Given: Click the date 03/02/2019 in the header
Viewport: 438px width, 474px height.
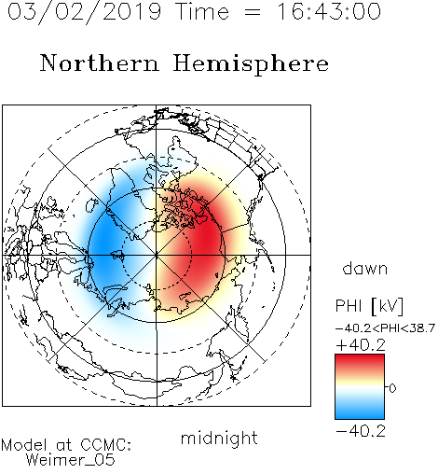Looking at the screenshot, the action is (84, 12).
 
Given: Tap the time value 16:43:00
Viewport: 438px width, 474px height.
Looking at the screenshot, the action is (329, 12).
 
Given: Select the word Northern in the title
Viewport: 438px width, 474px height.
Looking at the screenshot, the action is (100, 63).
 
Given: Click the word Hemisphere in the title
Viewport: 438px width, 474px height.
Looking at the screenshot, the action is (251, 64).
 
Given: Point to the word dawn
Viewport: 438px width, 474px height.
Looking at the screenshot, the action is (365, 268).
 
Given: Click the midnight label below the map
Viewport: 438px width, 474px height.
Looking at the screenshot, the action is (219, 439).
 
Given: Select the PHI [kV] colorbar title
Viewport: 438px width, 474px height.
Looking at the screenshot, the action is (369, 306).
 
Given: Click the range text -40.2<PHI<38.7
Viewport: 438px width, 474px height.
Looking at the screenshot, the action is (385, 328).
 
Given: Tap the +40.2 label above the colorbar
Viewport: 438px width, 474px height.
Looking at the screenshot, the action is (361, 345).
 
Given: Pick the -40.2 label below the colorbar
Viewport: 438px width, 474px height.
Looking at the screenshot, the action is (361, 431).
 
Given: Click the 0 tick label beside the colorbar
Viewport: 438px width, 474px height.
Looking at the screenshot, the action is (392, 388).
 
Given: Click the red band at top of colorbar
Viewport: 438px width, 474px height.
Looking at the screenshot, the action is (360, 360).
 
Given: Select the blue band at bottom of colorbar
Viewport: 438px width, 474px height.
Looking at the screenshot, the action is (360, 413).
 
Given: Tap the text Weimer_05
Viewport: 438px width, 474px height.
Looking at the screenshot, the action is (71, 460).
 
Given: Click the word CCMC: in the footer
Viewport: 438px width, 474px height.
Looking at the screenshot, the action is (106, 445).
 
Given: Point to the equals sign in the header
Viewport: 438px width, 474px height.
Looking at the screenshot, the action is (253, 12).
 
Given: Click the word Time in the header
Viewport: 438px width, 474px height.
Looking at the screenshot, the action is (202, 12).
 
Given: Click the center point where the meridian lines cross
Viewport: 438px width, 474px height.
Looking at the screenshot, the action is (157, 255).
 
